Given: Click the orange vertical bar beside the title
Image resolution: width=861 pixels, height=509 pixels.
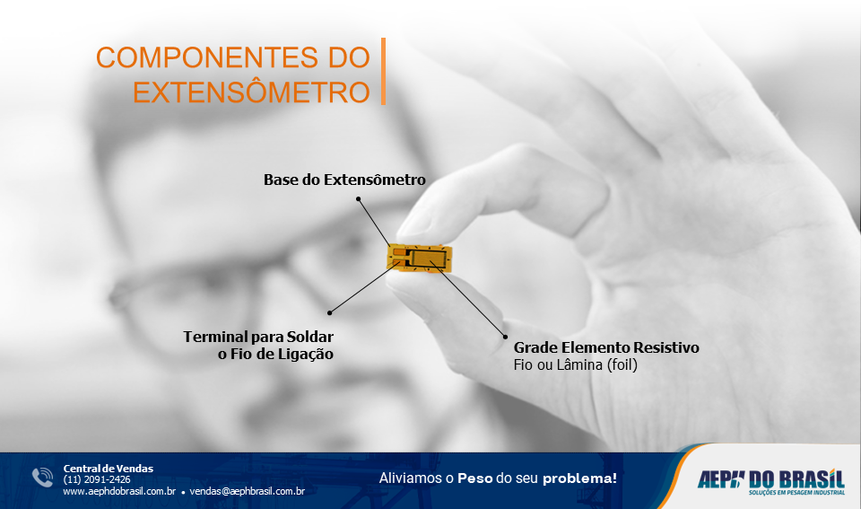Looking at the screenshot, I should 383,72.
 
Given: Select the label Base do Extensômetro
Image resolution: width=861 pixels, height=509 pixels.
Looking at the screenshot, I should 344,180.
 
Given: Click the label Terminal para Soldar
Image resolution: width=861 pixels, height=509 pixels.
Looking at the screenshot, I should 258,337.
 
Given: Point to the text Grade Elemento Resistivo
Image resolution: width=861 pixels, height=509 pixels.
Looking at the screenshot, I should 606,347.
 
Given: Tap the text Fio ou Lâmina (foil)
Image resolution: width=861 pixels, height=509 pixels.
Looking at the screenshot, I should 575,365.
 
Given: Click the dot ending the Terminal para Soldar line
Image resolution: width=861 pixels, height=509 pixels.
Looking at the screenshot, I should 330,312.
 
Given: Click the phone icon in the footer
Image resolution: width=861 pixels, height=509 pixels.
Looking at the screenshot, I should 43,478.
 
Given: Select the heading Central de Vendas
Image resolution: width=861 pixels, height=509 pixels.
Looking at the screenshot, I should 109,468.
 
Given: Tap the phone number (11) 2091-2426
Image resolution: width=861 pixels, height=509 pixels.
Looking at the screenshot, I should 97,479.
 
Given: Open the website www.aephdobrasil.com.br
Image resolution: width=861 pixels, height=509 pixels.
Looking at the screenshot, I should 118,491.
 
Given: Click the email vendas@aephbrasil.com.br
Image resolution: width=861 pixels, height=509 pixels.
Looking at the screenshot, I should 248,491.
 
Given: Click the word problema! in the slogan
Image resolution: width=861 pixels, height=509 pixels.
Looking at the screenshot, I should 579,478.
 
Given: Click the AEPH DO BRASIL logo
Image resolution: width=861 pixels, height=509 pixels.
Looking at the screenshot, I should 770,479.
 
